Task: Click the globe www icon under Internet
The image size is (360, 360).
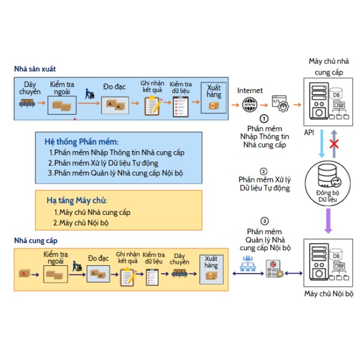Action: (x=250, y=104)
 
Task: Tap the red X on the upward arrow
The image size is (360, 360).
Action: (x=334, y=145)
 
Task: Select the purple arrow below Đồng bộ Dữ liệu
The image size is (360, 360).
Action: (x=328, y=221)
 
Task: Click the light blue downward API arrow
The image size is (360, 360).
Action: (x=322, y=144)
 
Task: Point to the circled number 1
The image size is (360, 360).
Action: (x=264, y=119)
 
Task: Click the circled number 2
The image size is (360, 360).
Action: (x=263, y=172)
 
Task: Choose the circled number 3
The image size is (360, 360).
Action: (x=265, y=221)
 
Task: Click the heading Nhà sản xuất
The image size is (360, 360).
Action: (x=35, y=69)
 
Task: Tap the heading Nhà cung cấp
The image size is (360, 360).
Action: (x=36, y=241)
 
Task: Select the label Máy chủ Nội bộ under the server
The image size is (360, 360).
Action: (x=329, y=293)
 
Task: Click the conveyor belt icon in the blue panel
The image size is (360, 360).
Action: (x=27, y=103)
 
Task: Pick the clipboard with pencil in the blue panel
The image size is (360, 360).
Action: (x=152, y=106)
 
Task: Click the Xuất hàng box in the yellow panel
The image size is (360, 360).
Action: (x=211, y=269)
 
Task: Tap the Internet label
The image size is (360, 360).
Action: (x=250, y=91)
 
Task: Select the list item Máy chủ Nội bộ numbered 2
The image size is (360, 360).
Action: (x=81, y=223)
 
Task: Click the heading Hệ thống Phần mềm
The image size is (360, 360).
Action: (x=82, y=142)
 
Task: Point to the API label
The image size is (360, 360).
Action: (x=309, y=133)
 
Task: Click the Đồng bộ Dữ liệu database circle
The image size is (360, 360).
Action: (x=328, y=183)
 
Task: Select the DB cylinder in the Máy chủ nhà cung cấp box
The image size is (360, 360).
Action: (x=336, y=94)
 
